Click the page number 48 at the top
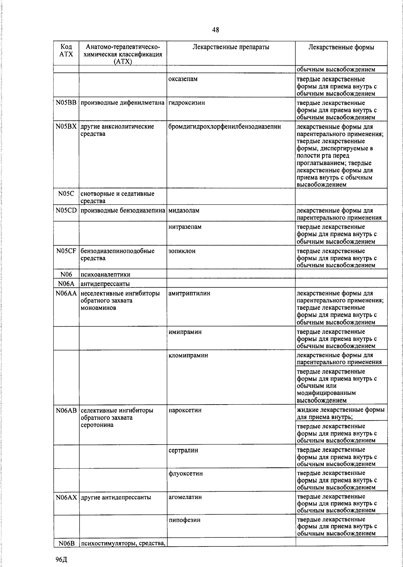pyautogui.click(x=216, y=30)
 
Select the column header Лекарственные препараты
pyautogui.click(x=231, y=47)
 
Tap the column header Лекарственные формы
pyautogui.click(x=341, y=47)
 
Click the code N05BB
pyautogui.click(x=66, y=103)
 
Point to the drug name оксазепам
pyautogui.click(x=183, y=79)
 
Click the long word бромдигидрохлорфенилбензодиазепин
pyautogui.click(x=225, y=127)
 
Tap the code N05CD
pyautogui.click(x=66, y=211)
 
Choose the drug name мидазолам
pyautogui.click(x=184, y=211)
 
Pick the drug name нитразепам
pyautogui.click(x=185, y=227)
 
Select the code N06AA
pyautogui.click(x=66, y=294)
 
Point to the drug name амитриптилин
pyautogui.click(x=189, y=294)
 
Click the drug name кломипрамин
pyautogui.click(x=188, y=355)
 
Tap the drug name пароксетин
pyautogui.click(x=185, y=411)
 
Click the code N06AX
pyautogui.click(x=66, y=497)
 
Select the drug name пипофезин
pyautogui.click(x=185, y=520)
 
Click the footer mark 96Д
pyautogui.click(x=62, y=560)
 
